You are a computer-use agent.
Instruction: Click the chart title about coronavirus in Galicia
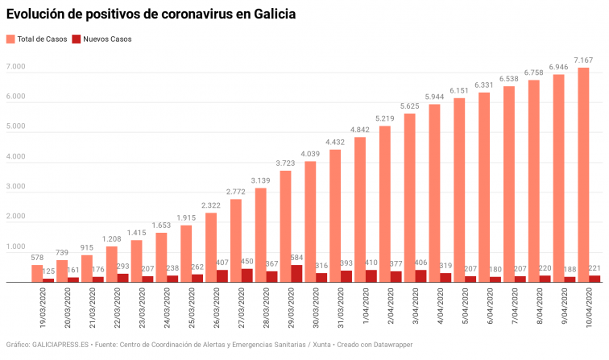click(151, 14)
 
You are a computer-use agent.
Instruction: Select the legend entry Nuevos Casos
click(101, 39)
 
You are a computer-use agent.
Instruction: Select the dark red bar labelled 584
click(296, 274)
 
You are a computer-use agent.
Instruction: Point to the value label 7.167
click(583, 60)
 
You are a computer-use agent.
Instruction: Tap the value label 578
click(37, 258)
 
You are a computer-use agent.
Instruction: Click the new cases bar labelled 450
click(246, 275)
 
